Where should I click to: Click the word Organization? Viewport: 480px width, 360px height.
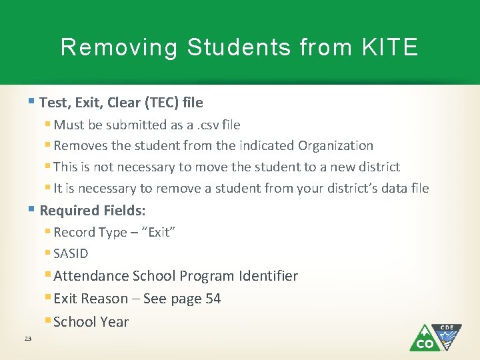tap(335, 145)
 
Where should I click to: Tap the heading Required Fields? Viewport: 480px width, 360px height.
tap(93, 211)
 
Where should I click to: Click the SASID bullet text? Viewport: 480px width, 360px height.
tap(71, 253)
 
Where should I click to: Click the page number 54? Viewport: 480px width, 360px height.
tap(213, 299)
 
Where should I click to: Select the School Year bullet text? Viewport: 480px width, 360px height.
tap(91, 321)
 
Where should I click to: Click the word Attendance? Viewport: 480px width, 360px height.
tap(91, 276)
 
